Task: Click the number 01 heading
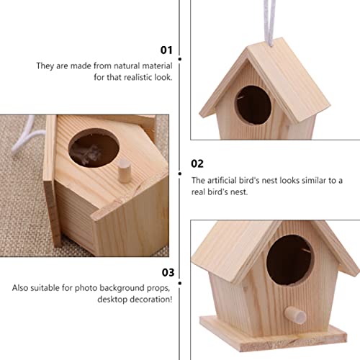(x=167, y=50)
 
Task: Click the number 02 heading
(x=198, y=163)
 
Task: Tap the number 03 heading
(x=166, y=272)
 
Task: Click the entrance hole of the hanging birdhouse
(x=253, y=105)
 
